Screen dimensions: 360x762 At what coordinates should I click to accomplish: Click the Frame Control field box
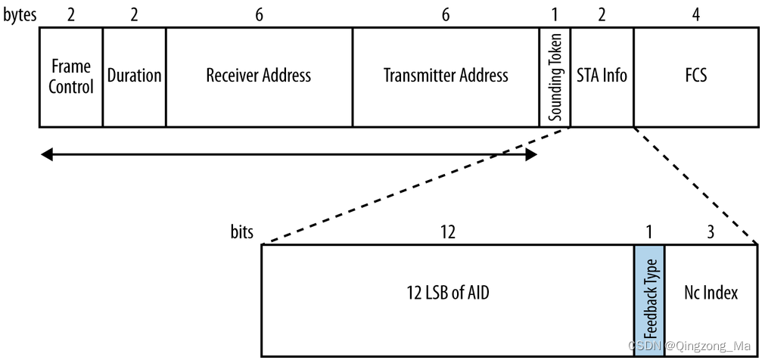click(70, 76)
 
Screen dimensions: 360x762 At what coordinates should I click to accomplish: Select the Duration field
click(134, 76)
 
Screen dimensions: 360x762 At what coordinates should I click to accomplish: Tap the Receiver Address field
click(259, 76)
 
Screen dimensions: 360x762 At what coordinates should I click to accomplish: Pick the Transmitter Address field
click(446, 76)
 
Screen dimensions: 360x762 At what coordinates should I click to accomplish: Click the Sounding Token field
click(555, 76)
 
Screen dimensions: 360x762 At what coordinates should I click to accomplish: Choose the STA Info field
click(602, 76)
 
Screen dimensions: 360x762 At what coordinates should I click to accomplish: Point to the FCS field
click(695, 76)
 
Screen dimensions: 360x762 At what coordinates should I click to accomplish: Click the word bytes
click(19, 14)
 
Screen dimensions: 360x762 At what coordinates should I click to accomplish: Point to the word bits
click(242, 231)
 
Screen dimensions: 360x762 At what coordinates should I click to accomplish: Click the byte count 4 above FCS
click(696, 14)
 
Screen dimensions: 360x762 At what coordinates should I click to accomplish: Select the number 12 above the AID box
click(447, 232)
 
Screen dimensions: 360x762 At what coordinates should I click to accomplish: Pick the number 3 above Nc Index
click(711, 232)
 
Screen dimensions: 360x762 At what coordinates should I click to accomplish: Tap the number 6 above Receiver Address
click(259, 14)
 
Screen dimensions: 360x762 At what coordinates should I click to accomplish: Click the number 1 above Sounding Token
click(555, 14)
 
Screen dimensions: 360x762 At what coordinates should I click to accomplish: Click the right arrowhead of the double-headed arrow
click(531, 155)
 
